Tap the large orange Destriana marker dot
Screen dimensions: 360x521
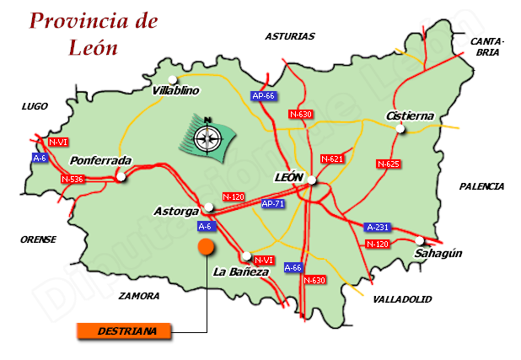[205, 246]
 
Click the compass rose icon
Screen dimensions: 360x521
[207, 134]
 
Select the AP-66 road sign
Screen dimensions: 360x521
[264, 96]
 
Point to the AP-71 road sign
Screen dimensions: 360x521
[272, 204]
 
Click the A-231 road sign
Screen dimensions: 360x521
[377, 227]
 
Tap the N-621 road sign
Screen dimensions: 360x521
[332, 159]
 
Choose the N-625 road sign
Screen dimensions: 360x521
[388, 164]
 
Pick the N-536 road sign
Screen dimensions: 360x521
[73, 179]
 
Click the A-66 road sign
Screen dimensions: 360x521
[293, 267]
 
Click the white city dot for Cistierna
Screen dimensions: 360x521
[401, 129]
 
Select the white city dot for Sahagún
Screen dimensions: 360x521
[420, 240]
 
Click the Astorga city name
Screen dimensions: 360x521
[177, 211]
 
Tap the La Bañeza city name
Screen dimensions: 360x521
[241, 271]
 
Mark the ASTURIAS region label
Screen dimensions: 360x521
[289, 36]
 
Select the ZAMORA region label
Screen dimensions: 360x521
[139, 296]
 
